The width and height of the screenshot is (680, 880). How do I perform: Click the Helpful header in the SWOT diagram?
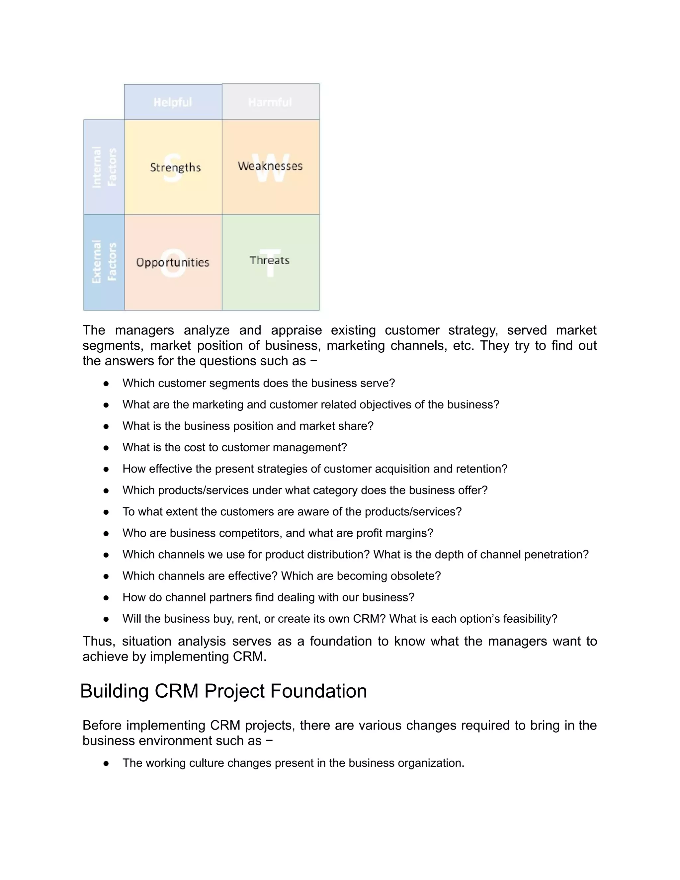173,102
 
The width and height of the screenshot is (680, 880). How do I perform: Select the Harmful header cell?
270,102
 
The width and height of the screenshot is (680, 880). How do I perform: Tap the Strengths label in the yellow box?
175,167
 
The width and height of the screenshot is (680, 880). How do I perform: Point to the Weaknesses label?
270,166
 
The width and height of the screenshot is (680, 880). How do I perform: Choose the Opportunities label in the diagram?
173,262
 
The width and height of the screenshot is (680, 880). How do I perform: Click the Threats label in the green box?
270,260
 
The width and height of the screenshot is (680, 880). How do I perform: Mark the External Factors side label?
104,262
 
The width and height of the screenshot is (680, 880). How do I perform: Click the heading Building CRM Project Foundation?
223,691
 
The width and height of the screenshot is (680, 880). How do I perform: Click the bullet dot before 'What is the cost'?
106,448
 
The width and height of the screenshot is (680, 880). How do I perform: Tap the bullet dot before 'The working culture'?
106,763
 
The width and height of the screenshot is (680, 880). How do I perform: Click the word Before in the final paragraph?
102,725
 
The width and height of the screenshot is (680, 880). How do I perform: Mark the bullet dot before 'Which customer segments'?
106,383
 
